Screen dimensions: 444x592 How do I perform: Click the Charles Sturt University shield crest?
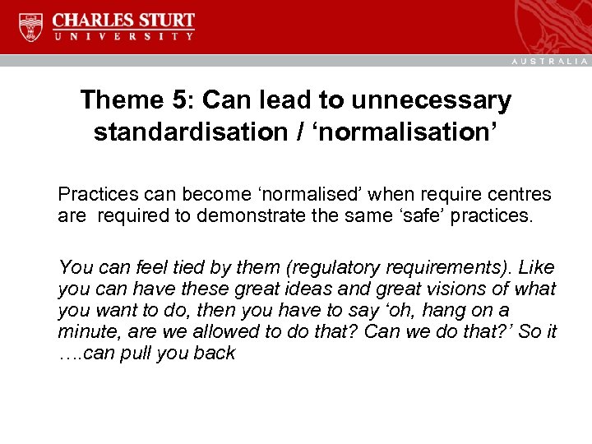[30, 27]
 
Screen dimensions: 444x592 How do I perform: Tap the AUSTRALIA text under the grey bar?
[549, 62]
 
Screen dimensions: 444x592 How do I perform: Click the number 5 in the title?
[182, 100]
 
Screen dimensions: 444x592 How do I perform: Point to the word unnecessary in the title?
[432, 100]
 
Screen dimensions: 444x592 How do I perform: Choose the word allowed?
[225, 331]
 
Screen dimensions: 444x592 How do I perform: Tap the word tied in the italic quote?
[162, 267]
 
